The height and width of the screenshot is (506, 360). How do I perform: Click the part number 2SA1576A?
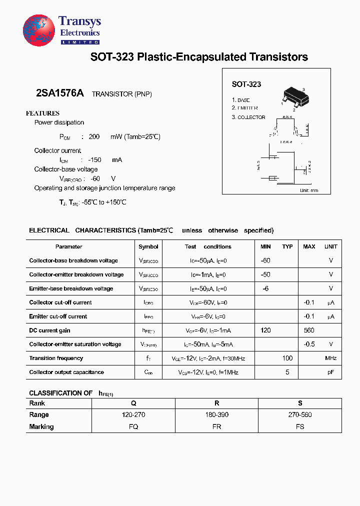click(x=60, y=93)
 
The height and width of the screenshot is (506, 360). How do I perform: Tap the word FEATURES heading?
click(x=42, y=113)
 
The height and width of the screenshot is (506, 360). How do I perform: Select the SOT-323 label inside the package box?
click(x=246, y=84)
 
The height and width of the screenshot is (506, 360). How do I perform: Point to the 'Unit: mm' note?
click(x=308, y=190)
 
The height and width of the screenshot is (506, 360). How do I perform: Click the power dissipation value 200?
click(x=94, y=136)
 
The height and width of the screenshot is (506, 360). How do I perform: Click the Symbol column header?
click(x=148, y=246)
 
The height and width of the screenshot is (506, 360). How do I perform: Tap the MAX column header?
click(x=309, y=246)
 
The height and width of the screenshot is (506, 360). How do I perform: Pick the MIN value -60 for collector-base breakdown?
click(x=265, y=260)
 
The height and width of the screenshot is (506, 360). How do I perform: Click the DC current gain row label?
click(x=49, y=330)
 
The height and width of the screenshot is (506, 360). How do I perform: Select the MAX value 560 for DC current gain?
click(x=309, y=330)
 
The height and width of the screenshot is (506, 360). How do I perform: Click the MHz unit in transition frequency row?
click(x=330, y=358)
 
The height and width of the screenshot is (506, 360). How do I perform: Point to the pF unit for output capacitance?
click(x=330, y=372)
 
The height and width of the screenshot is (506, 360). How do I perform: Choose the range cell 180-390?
click(x=216, y=415)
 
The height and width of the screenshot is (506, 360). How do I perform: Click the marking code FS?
click(x=299, y=427)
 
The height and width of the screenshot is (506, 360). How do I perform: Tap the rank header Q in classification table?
click(x=133, y=403)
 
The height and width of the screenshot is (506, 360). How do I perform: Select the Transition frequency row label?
click(x=56, y=358)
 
